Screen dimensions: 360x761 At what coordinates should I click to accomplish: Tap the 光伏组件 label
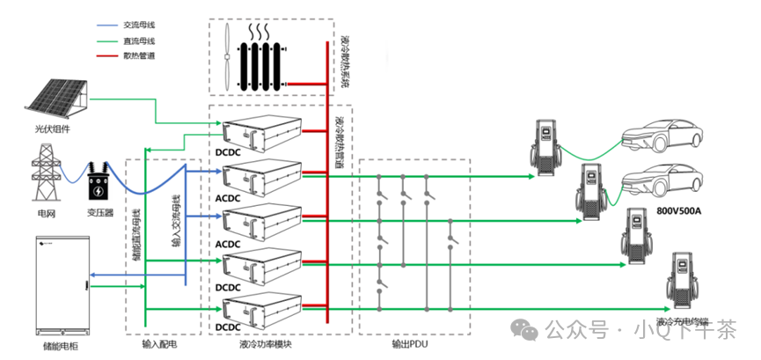pyautogui.click(x=47, y=129)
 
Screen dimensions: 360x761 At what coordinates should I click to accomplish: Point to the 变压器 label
pyautogui.click(x=99, y=213)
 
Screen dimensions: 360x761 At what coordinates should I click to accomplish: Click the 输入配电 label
pyautogui.click(x=159, y=345)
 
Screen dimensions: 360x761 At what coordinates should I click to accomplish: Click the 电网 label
pyautogui.click(x=47, y=213)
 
